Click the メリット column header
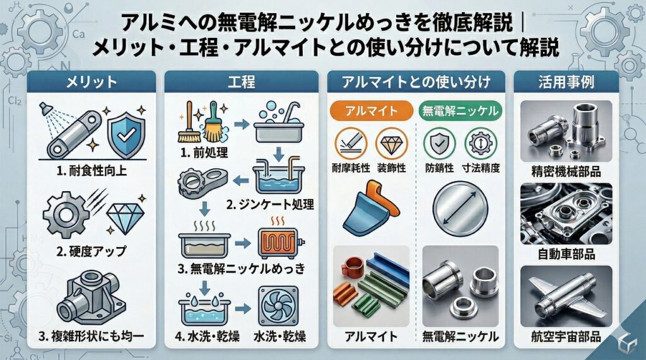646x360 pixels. [91, 81]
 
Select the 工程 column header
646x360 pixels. [244, 81]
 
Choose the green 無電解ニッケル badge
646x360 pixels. [460, 110]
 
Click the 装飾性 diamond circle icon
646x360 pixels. [391, 144]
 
